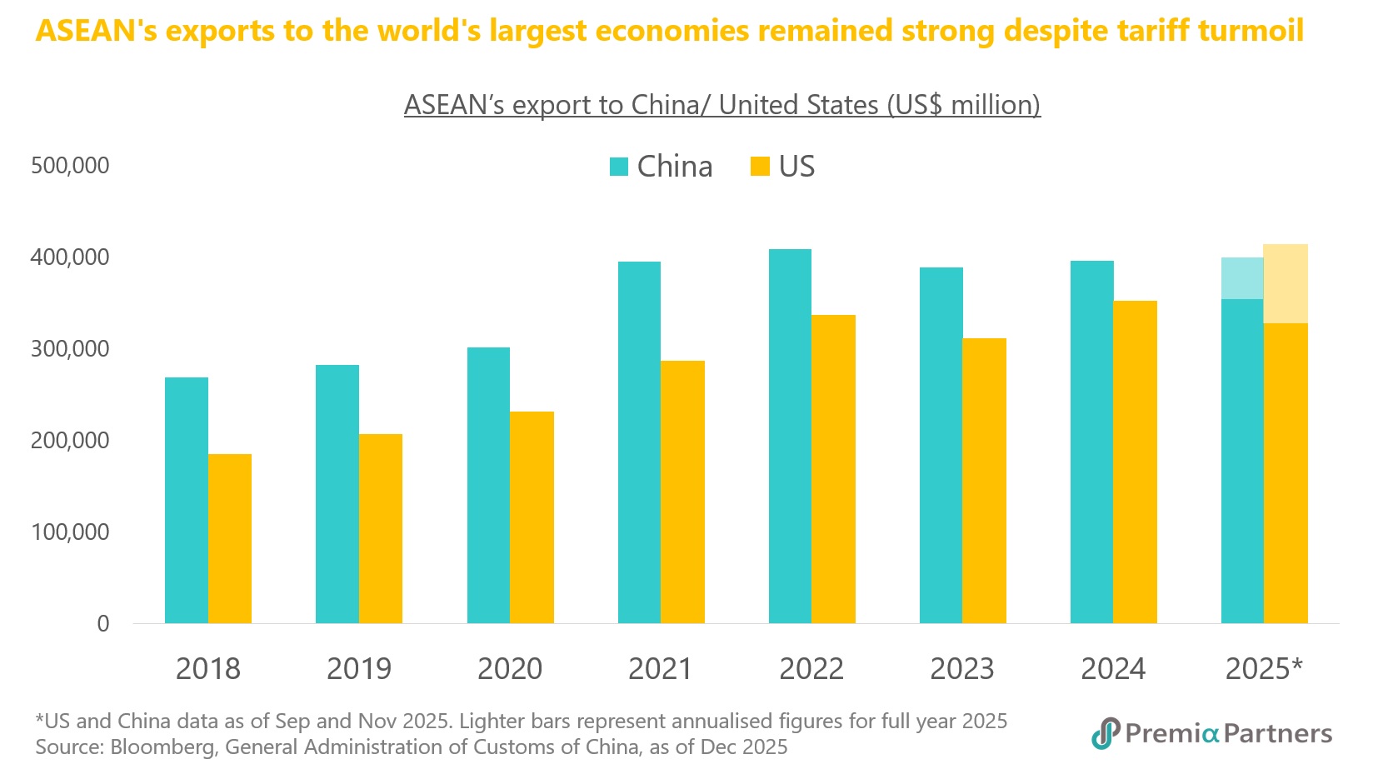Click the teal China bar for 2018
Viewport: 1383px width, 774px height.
coord(187,500)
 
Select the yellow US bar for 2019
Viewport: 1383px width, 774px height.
coord(381,528)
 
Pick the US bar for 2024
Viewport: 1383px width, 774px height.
coord(1135,462)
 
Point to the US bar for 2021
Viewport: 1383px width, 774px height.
coord(682,492)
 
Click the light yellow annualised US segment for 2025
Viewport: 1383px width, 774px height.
coord(1286,283)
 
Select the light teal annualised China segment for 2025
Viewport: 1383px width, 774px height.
coord(1242,278)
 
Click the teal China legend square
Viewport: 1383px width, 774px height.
coord(618,167)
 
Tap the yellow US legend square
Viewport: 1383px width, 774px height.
coord(760,167)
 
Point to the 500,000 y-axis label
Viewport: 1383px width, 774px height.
coord(70,166)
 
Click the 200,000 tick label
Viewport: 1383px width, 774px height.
coord(70,441)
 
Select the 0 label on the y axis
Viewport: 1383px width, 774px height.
coord(103,624)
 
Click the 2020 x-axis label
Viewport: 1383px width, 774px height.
coord(510,669)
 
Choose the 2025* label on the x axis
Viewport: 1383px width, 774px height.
coord(1264,669)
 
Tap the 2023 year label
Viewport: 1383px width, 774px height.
coord(962,669)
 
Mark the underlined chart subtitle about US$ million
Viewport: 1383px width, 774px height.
coord(721,105)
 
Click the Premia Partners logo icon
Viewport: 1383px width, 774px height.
coord(1106,733)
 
